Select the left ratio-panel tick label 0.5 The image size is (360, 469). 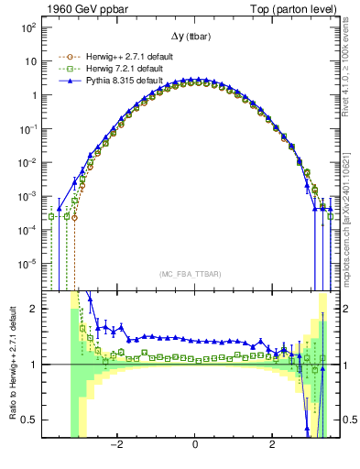(x=29, y=420)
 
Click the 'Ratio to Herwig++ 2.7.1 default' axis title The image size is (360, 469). (x=10, y=364)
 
